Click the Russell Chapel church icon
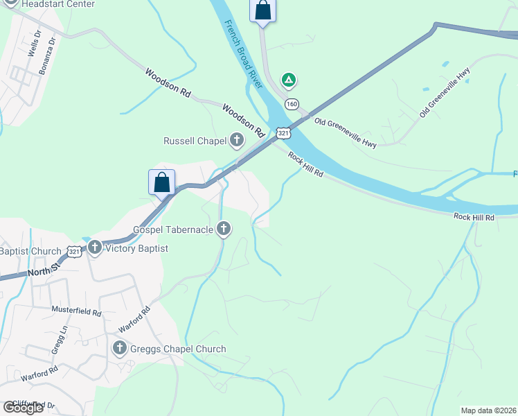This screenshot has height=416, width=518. coord(237,141)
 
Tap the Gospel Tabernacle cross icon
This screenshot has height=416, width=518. coord(223,228)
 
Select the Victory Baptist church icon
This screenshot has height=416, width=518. coord(95,248)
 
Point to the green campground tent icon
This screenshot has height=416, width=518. coord(289,80)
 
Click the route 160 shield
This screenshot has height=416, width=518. coord(292,104)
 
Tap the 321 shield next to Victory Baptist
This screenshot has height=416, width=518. coord(74,251)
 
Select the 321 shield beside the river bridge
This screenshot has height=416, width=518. coord(283,132)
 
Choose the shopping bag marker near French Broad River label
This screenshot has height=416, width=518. coord(262,11)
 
